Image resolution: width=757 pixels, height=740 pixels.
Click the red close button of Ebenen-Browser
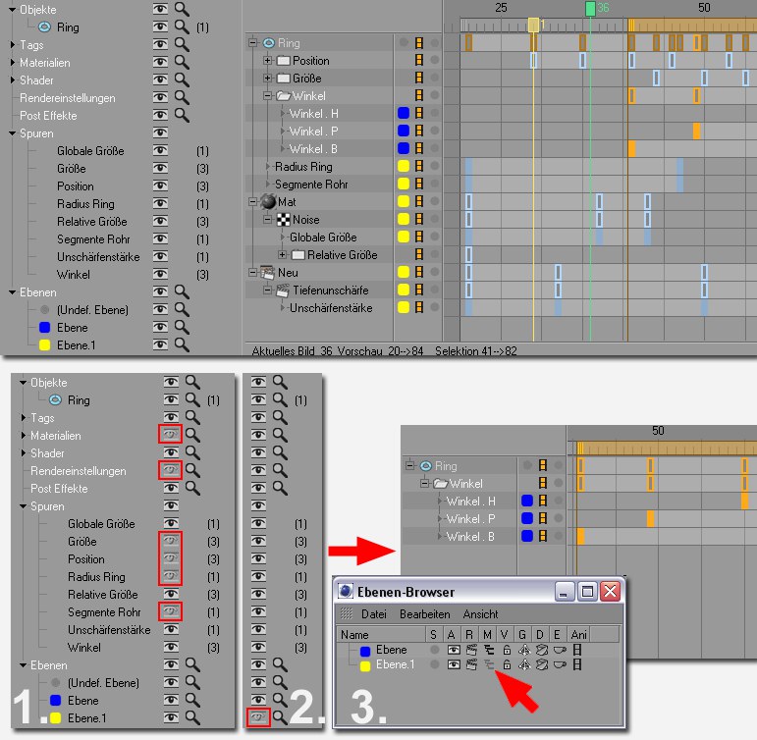click(611, 591)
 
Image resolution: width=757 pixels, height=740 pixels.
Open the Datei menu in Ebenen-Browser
click(374, 614)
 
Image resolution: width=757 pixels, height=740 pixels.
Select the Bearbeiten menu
click(425, 614)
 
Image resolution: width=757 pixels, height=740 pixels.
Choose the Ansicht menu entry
click(480, 614)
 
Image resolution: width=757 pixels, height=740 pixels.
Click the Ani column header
click(578, 634)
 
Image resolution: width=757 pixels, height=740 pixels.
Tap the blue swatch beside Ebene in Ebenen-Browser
click(365, 651)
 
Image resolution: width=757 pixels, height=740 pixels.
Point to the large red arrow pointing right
click(361, 551)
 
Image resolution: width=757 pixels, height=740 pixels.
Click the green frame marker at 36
click(590, 9)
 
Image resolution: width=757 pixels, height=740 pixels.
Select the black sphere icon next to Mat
click(268, 202)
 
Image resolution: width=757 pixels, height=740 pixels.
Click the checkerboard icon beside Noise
click(284, 220)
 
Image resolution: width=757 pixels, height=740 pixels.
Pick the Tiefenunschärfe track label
click(331, 291)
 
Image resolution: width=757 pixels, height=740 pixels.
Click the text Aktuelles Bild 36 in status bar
click(292, 351)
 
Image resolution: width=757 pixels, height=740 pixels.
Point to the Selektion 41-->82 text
click(476, 351)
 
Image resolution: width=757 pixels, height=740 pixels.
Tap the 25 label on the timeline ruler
click(501, 7)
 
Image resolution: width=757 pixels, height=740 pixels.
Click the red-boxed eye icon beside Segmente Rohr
click(171, 611)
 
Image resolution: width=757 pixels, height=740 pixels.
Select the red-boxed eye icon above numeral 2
click(258, 717)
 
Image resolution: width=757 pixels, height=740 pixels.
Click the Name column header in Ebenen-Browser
click(354, 634)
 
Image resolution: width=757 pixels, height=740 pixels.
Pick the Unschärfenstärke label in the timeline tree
click(331, 308)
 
